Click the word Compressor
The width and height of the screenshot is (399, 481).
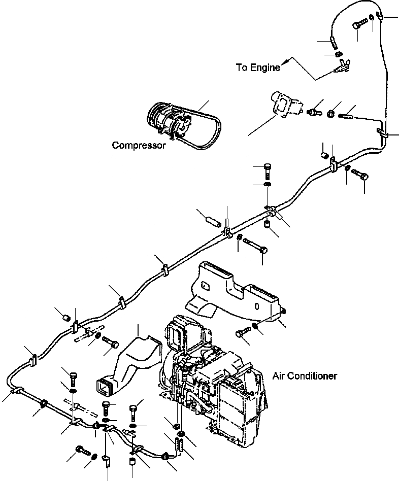coord(139,146)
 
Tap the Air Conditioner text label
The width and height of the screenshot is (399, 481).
coord(305,376)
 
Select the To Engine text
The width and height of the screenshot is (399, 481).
coord(258,67)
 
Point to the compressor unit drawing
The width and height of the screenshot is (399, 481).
coord(169,120)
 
